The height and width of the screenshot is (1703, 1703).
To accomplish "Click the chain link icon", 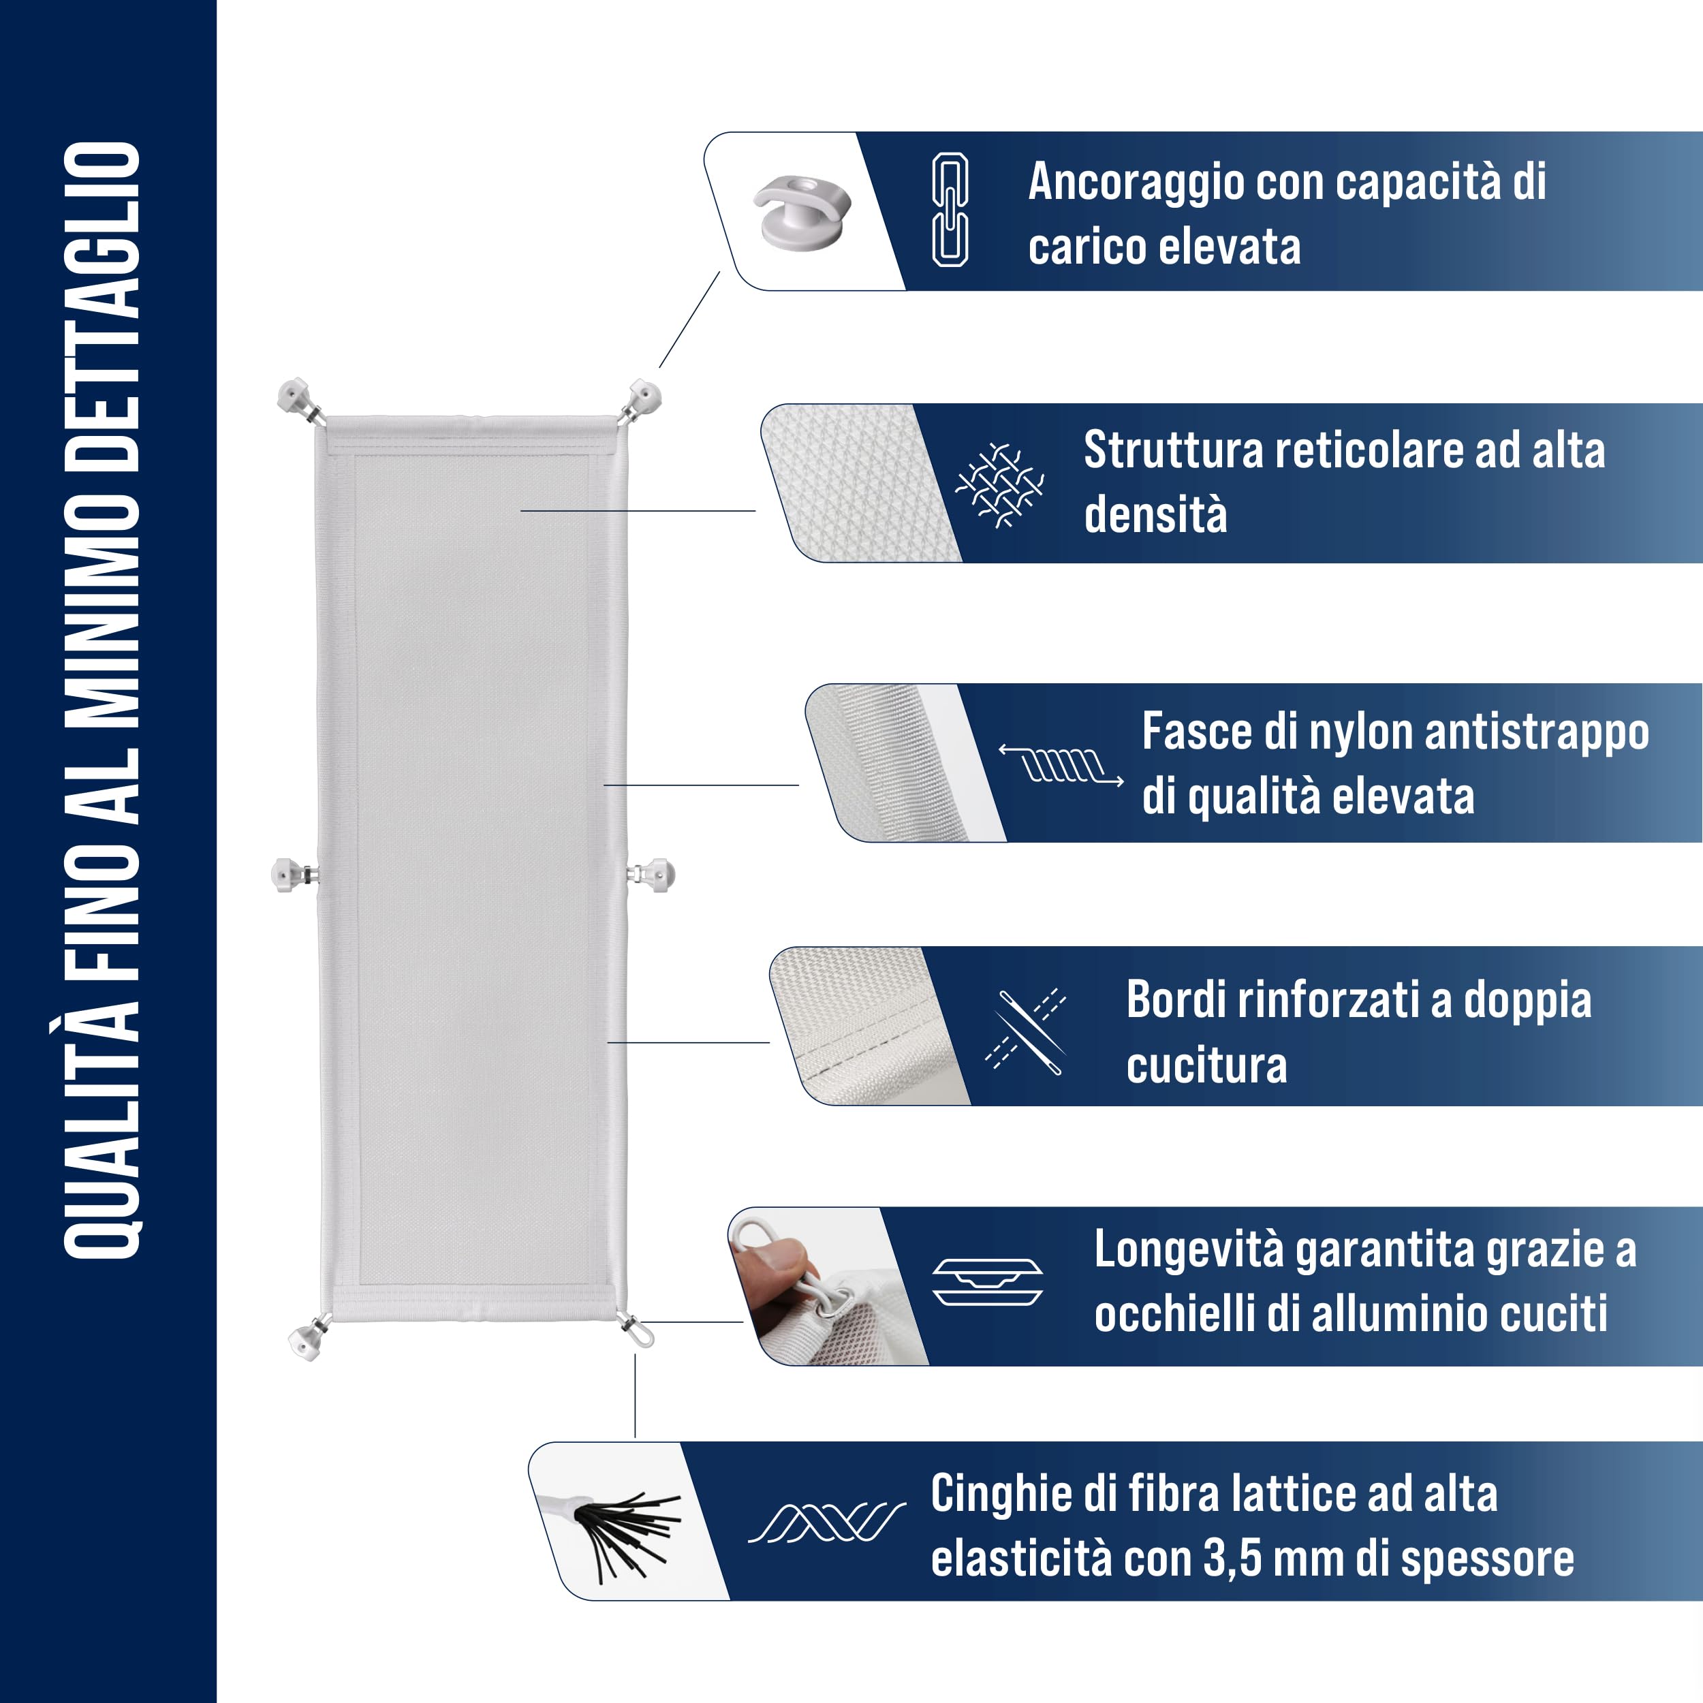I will [950, 210].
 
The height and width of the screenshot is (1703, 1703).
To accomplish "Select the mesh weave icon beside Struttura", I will [999, 485].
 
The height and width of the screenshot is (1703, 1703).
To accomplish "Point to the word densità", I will [1155, 515].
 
